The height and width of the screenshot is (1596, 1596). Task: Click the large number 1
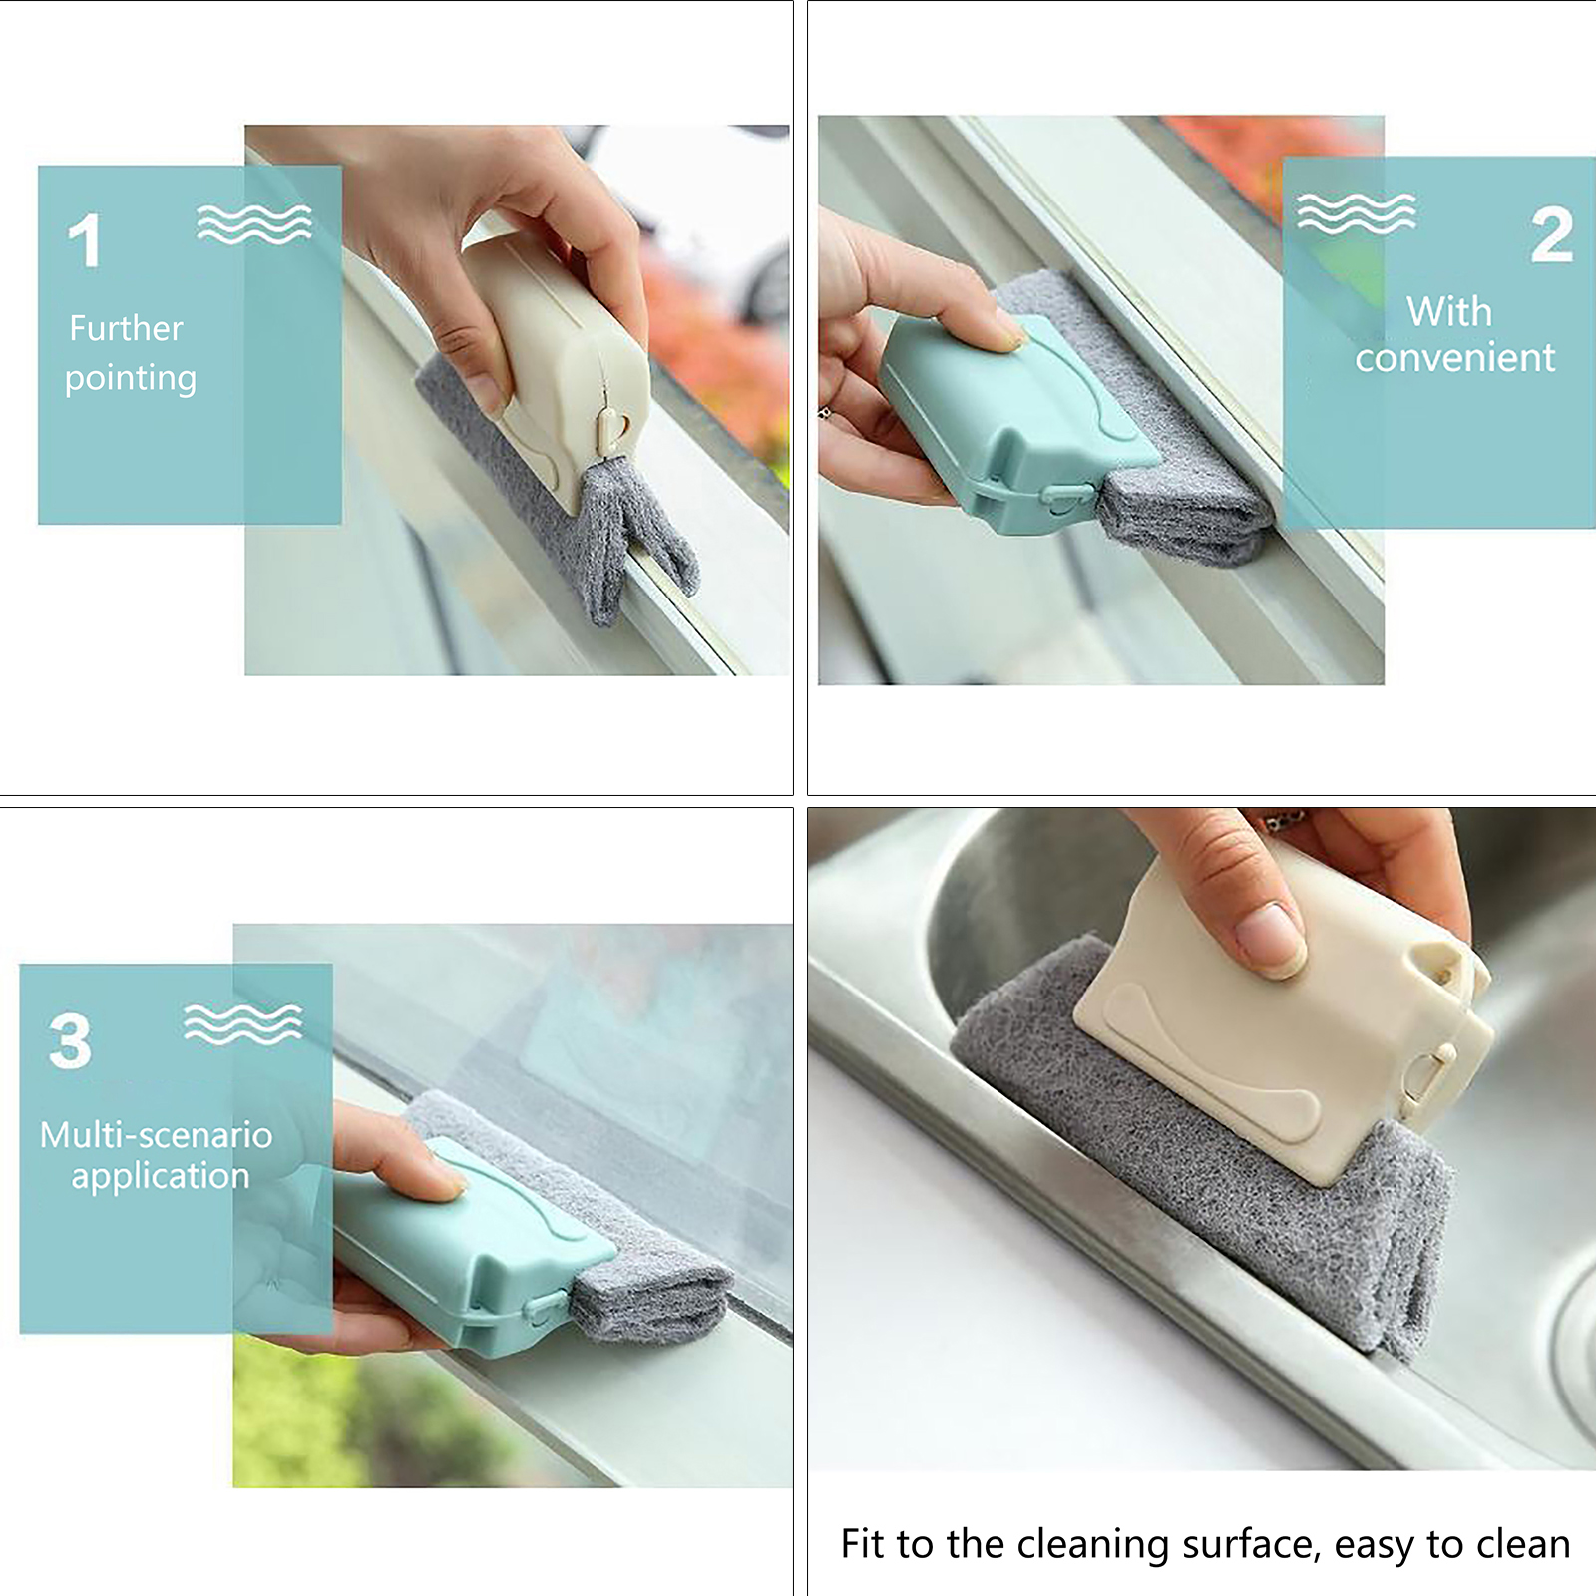[x=86, y=240]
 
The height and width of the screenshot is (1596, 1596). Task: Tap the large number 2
[x=1552, y=235]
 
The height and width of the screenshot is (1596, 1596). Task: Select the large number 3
[x=70, y=1041]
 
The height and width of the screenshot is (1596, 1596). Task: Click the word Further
[x=126, y=328]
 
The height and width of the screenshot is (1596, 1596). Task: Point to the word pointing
[x=131, y=379]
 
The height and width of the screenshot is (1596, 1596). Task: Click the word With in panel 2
[x=1449, y=312]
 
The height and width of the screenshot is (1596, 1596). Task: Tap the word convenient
[x=1454, y=358]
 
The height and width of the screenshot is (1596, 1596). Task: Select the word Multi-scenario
[x=157, y=1134]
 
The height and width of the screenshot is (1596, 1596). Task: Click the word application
[x=161, y=1177]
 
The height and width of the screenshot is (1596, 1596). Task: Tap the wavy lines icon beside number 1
[x=254, y=224]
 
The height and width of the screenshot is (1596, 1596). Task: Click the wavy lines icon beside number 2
[x=1357, y=213]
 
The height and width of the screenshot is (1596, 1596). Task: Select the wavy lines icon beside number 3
[x=242, y=1024]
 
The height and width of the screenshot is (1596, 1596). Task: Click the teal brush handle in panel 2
[x=1017, y=424]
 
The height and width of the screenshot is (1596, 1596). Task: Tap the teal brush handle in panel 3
[x=474, y=1247]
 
